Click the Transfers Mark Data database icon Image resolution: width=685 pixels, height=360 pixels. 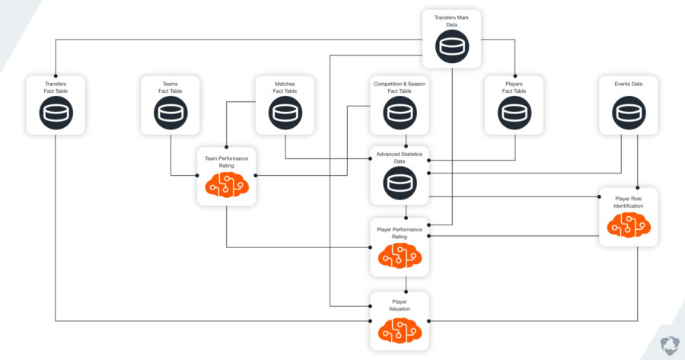tap(452, 46)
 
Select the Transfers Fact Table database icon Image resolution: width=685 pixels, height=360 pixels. tap(56, 113)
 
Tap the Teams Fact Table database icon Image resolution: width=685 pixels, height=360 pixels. tap(170, 113)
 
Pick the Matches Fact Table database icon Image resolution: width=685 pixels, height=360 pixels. tap(285, 113)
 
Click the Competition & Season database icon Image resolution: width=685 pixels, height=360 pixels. tap(400, 113)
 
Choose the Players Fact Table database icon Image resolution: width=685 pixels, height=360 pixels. tap(515, 113)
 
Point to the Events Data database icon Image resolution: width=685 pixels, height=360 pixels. tap(629, 113)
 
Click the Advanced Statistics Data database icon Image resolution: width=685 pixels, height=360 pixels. tap(400, 183)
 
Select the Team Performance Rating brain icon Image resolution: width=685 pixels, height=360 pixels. tap(227, 184)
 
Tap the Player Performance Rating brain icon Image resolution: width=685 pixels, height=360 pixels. tap(400, 257)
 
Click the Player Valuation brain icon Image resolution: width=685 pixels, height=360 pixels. tap(400, 329)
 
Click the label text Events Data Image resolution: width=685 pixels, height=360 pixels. tap(629, 84)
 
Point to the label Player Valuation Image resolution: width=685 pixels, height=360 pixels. tap(400, 305)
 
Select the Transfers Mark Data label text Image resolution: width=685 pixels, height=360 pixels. tap(452, 19)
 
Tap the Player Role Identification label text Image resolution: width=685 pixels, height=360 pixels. tap(629, 202)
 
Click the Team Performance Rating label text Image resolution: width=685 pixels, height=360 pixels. tap(227, 161)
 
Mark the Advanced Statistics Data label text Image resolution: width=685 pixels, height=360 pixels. tap(400, 158)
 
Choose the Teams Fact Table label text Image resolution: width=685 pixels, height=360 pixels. tap(170, 88)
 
